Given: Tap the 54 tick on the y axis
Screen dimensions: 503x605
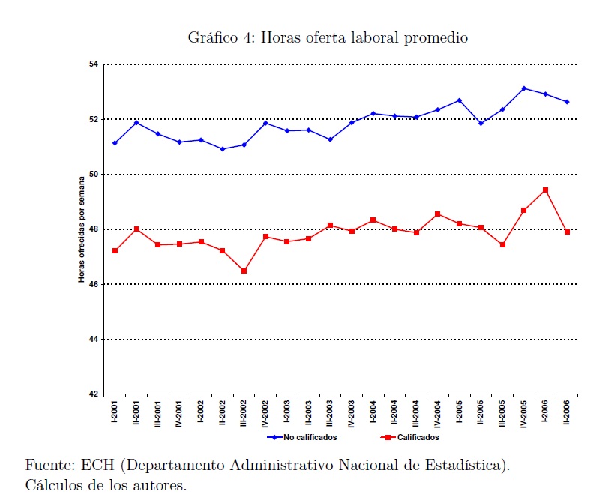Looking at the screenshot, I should [94, 64].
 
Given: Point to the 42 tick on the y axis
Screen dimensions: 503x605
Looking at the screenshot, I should [94, 394].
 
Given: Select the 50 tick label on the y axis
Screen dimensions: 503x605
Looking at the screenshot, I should [94, 175].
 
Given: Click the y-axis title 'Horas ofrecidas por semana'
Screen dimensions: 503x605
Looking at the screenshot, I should [82, 229].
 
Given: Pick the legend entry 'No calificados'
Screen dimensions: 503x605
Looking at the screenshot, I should [310, 437].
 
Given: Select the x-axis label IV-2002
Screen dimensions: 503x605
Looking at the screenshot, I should [266, 414].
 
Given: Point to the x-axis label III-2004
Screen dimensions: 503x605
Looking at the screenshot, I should [416, 414].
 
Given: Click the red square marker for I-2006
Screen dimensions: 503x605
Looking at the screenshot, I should [545, 190].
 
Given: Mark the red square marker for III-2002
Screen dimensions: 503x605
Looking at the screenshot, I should [244, 271].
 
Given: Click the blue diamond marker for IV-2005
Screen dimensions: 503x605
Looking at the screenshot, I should [524, 88].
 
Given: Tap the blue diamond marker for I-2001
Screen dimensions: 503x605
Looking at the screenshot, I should [115, 143].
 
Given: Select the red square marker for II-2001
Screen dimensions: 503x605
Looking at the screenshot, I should [136, 229].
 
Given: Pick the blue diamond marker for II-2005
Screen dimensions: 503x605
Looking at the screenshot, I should [481, 123].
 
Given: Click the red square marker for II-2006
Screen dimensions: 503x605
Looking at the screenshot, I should [568, 232].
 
